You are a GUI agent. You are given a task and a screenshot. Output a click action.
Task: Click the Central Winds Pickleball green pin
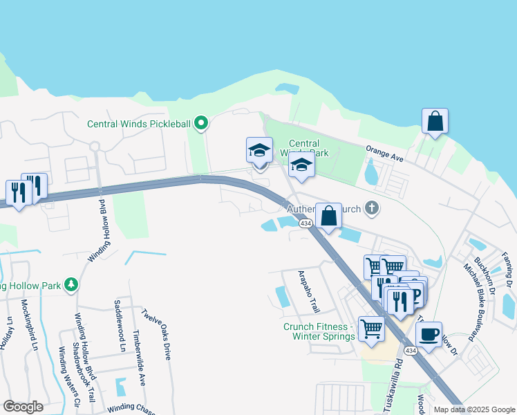coord(201,124)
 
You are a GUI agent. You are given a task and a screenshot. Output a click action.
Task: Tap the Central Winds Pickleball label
coord(138,124)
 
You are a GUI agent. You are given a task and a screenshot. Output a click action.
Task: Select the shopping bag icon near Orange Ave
coord(435,121)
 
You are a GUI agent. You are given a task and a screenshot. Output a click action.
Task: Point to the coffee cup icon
coord(429,334)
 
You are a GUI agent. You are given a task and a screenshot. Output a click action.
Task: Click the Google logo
coord(23,407)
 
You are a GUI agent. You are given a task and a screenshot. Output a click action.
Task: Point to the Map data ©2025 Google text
coord(473,409)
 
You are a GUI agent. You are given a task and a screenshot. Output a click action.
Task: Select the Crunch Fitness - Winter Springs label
coord(319,331)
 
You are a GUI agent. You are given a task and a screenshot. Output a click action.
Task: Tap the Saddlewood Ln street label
coord(118,325)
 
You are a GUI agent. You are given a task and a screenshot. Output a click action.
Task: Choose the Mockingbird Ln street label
coord(27,324)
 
